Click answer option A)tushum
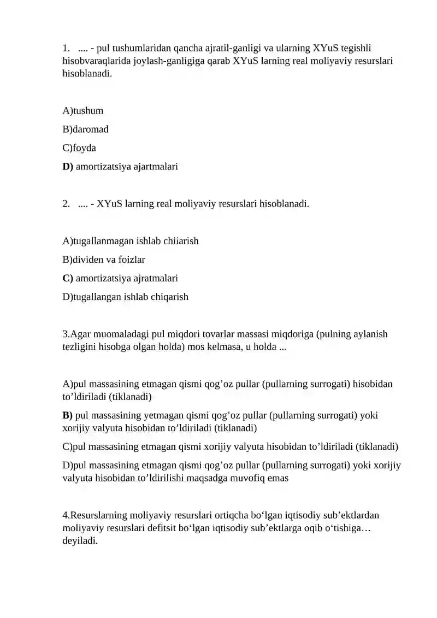tap(83, 111)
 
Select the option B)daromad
tap(86, 130)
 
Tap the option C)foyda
tap(80, 148)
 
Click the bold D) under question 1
tap(68, 167)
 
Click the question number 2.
tap(66, 204)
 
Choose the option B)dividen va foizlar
tap(104, 260)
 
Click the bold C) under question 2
tap(68, 278)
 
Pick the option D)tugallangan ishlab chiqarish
tap(126, 297)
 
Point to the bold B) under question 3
tap(68, 415)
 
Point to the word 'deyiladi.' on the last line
tap(80, 541)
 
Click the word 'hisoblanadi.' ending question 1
tap(87, 73)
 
